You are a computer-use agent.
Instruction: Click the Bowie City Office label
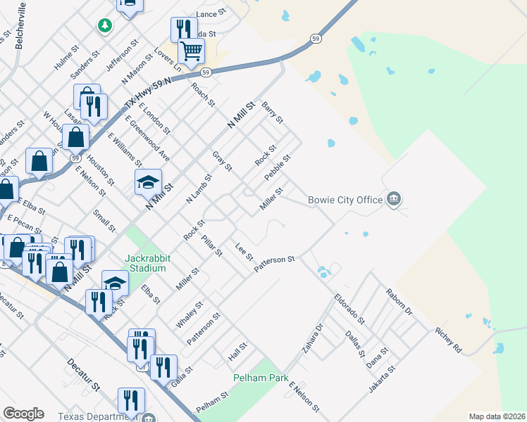[x=345, y=200]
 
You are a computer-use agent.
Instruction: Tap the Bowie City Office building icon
[x=394, y=200]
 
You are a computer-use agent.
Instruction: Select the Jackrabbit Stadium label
[x=146, y=263]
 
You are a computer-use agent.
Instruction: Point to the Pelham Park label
[x=261, y=378]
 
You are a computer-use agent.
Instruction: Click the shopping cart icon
[x=191, y=51]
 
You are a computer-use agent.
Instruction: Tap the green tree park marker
[x=105, y=25]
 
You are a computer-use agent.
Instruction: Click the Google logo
[x=23, y=414]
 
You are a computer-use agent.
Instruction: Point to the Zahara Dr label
[x=313, y=337]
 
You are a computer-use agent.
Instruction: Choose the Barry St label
[x=272, y=113]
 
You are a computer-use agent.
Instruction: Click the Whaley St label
[x=190, y=314]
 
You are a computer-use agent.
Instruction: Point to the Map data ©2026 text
[x=497, y=416]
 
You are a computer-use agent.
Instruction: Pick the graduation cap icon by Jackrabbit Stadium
[x=115, y=283]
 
